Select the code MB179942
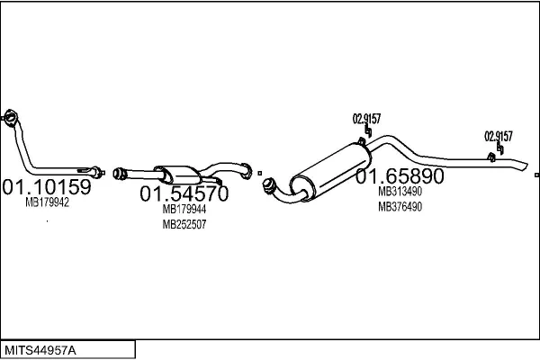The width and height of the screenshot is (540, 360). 47,203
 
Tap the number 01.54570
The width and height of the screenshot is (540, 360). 184,193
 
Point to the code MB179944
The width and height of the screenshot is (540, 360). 184,210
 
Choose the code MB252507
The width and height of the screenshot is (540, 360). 184,225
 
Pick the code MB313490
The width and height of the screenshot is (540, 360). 400,192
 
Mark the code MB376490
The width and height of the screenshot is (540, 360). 400,207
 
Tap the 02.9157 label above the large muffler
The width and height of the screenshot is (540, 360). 365,118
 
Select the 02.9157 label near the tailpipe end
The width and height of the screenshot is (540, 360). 498,137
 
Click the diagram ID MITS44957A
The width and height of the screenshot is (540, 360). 41,349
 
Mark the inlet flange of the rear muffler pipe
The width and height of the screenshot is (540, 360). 267,185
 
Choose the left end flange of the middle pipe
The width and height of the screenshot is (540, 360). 118,171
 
